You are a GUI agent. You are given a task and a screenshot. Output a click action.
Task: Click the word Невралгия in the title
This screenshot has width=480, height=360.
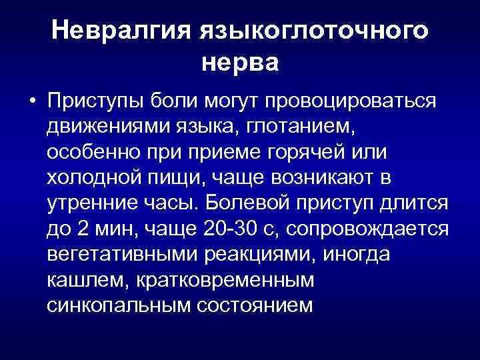coord(120,31)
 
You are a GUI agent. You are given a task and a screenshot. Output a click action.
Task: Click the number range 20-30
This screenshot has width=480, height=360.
coord(231,229)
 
